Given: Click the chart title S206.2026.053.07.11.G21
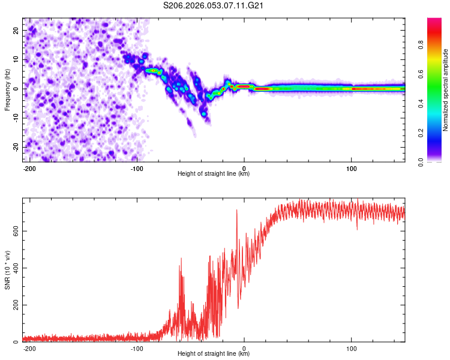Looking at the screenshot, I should click(x=214, y=6).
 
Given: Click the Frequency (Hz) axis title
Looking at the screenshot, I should click(x=7, y=89).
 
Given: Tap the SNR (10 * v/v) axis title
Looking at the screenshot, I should click(x=7, y=270).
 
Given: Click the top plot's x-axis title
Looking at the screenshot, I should click(x=214, y=174).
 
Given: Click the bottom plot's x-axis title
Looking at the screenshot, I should click(x=214, y=354).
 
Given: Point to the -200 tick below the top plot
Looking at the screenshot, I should click(x=28, y=167).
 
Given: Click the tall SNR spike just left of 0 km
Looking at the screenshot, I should click(x=237, y=211).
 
